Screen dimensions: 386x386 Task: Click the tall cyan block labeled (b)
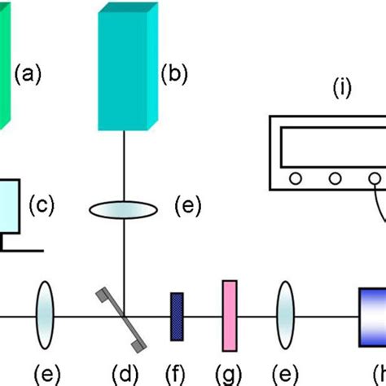pos(126,69)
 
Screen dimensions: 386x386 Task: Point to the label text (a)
pos(27,76)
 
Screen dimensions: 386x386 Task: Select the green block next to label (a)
pos(4,65)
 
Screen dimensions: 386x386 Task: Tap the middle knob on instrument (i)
pos(336,178)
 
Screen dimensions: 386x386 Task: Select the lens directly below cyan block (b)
pos(123,208)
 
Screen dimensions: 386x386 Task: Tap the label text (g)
pos(229,374)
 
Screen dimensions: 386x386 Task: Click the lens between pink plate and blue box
pos(286,315)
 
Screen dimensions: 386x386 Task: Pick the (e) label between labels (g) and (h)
pos(285,374)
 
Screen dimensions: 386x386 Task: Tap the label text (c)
pos(41,204)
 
